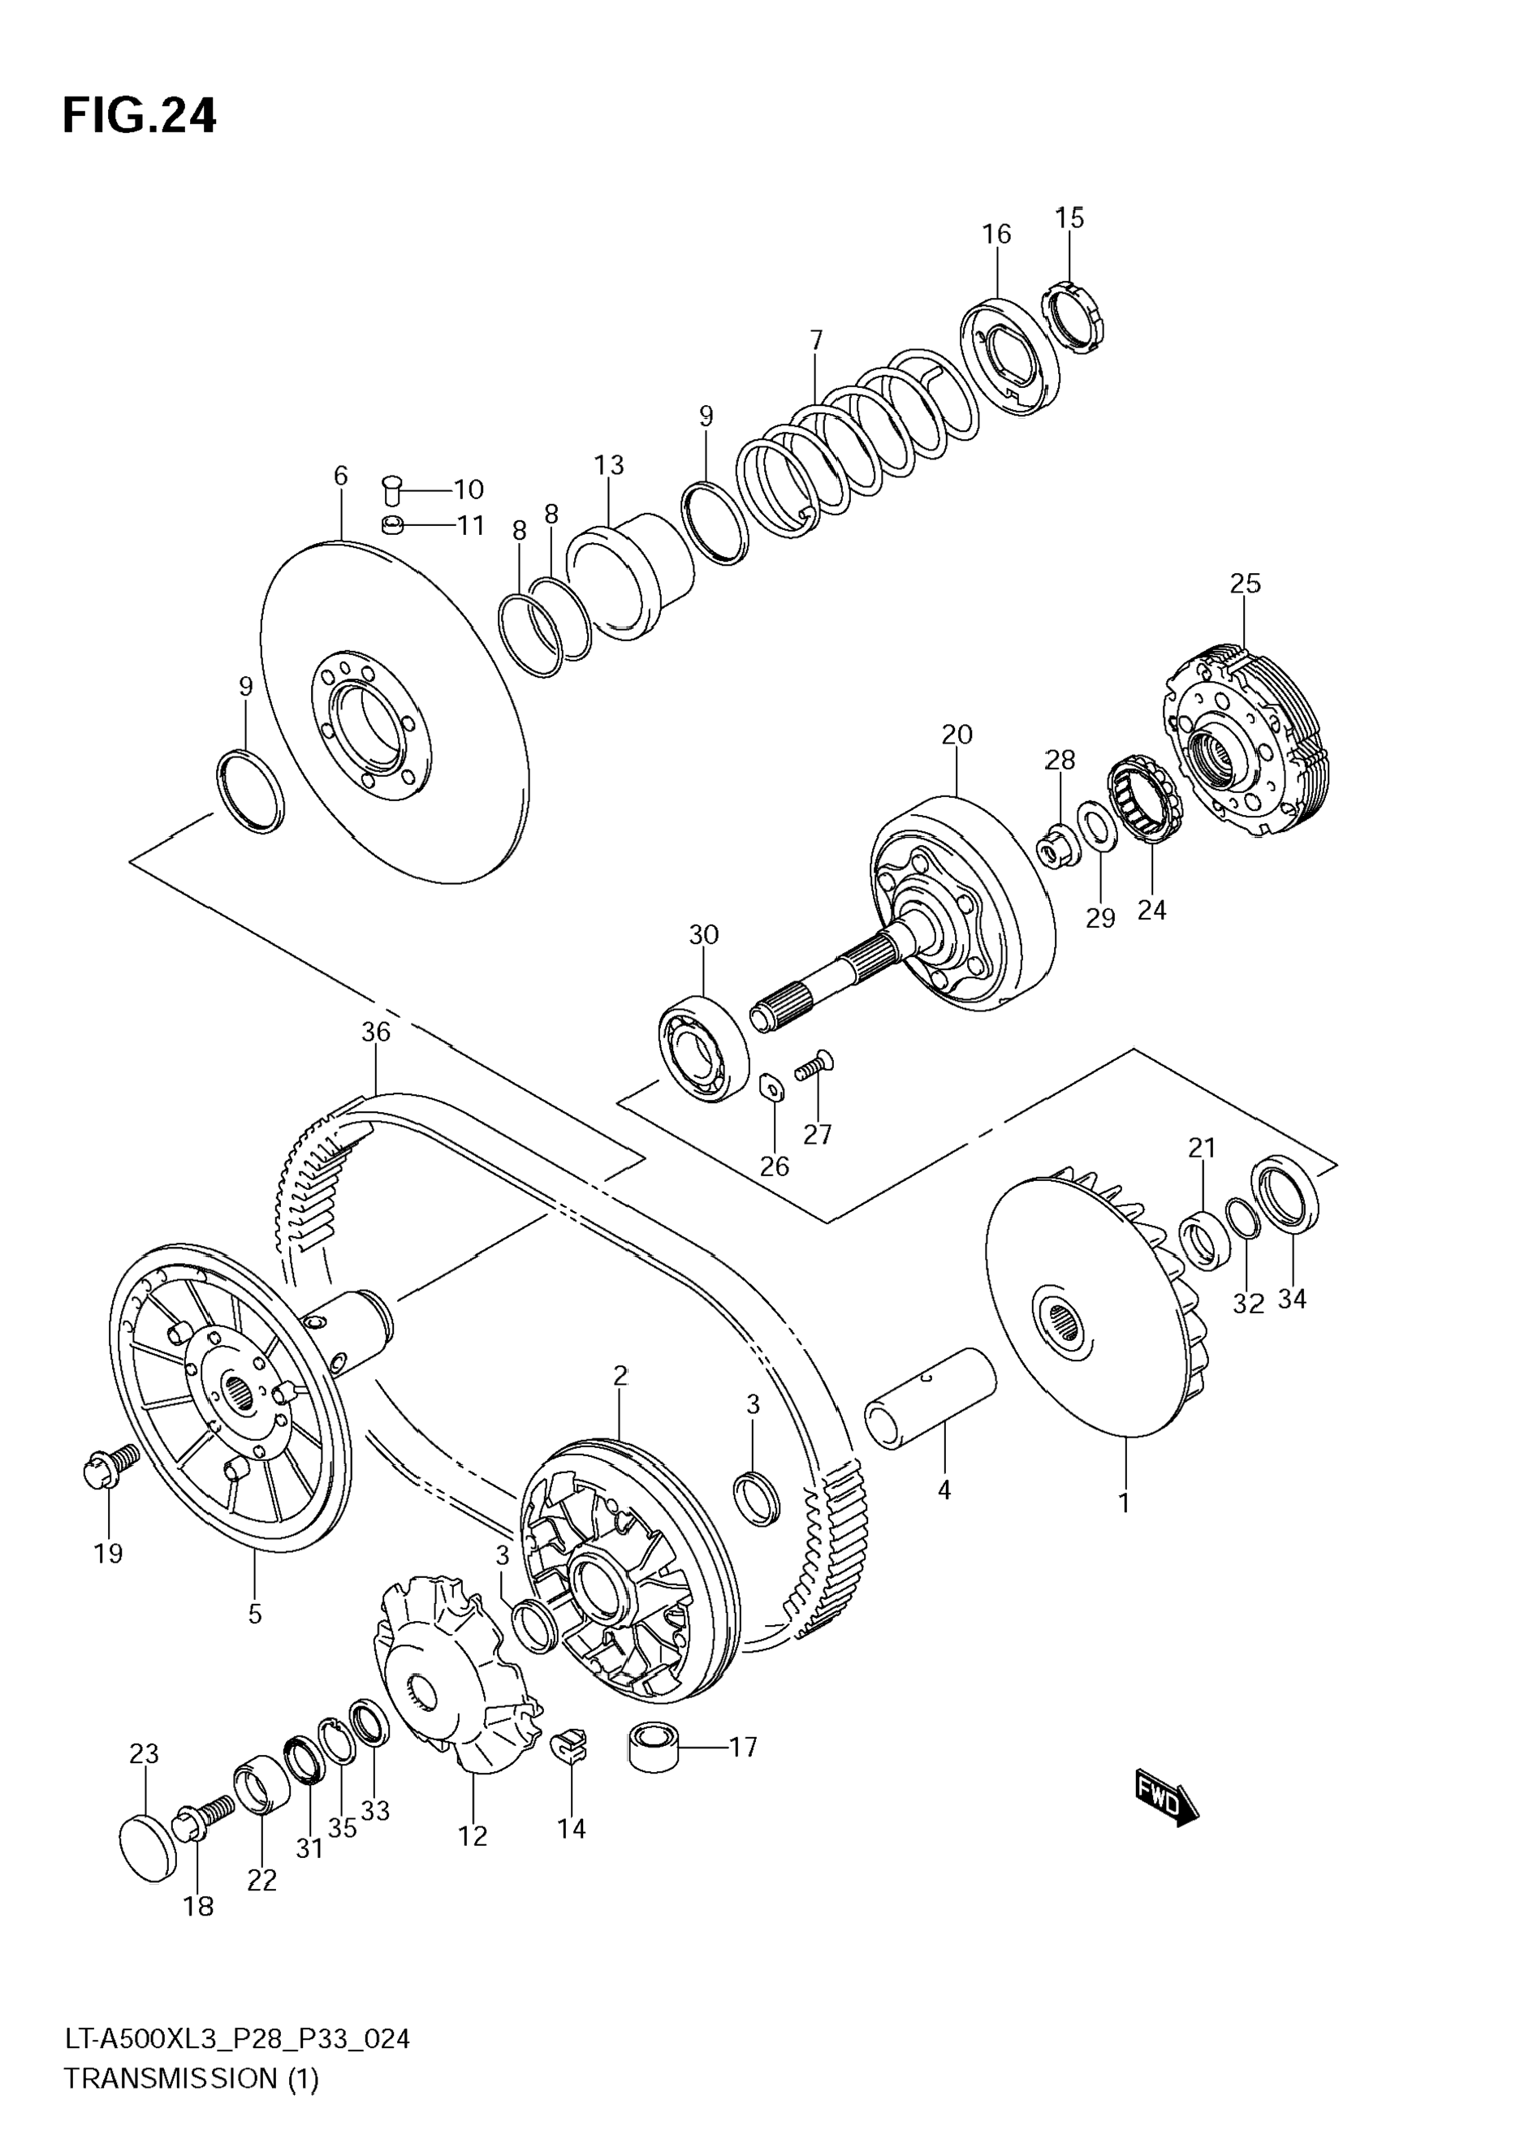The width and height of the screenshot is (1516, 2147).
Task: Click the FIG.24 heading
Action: pyautogui.click(x=140, y=117)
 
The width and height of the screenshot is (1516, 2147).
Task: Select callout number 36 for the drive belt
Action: pyautogui.click(x=375, y=1033)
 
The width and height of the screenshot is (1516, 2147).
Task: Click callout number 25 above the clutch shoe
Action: pyautogui.click(x=1245, y=584)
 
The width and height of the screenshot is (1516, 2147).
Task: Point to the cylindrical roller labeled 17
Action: pyautogui.click(x=653, y=1748)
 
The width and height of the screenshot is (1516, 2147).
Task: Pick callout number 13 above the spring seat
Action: pyautogui.click(x=609, y=465)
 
